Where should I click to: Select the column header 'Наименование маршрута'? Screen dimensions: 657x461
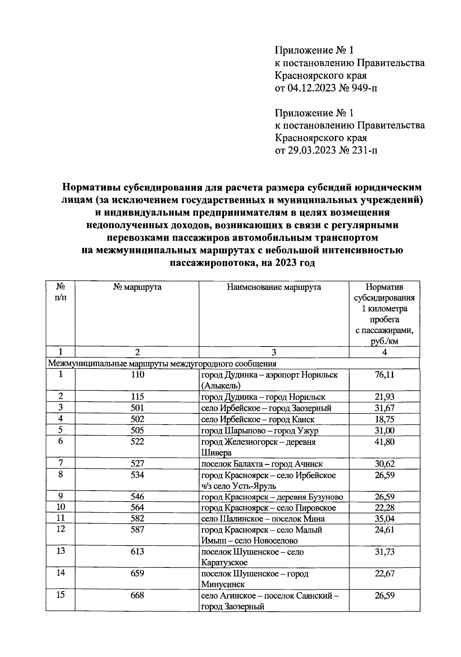tap(274, 287)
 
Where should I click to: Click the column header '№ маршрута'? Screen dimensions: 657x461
tap(137, 287)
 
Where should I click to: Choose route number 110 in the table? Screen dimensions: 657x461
tap(137, 375)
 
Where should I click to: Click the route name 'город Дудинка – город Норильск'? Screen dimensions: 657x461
tap(264, 397)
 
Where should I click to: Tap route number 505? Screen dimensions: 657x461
tap(137, 430)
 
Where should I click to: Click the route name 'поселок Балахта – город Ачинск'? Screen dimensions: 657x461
tap(262, 464)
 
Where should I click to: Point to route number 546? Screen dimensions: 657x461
tap(137, 497)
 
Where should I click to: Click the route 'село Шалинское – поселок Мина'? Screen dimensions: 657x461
tap(263, 519)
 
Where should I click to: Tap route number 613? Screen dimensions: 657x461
tap(137, 552)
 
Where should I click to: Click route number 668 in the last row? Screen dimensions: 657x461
tap(137, 596)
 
